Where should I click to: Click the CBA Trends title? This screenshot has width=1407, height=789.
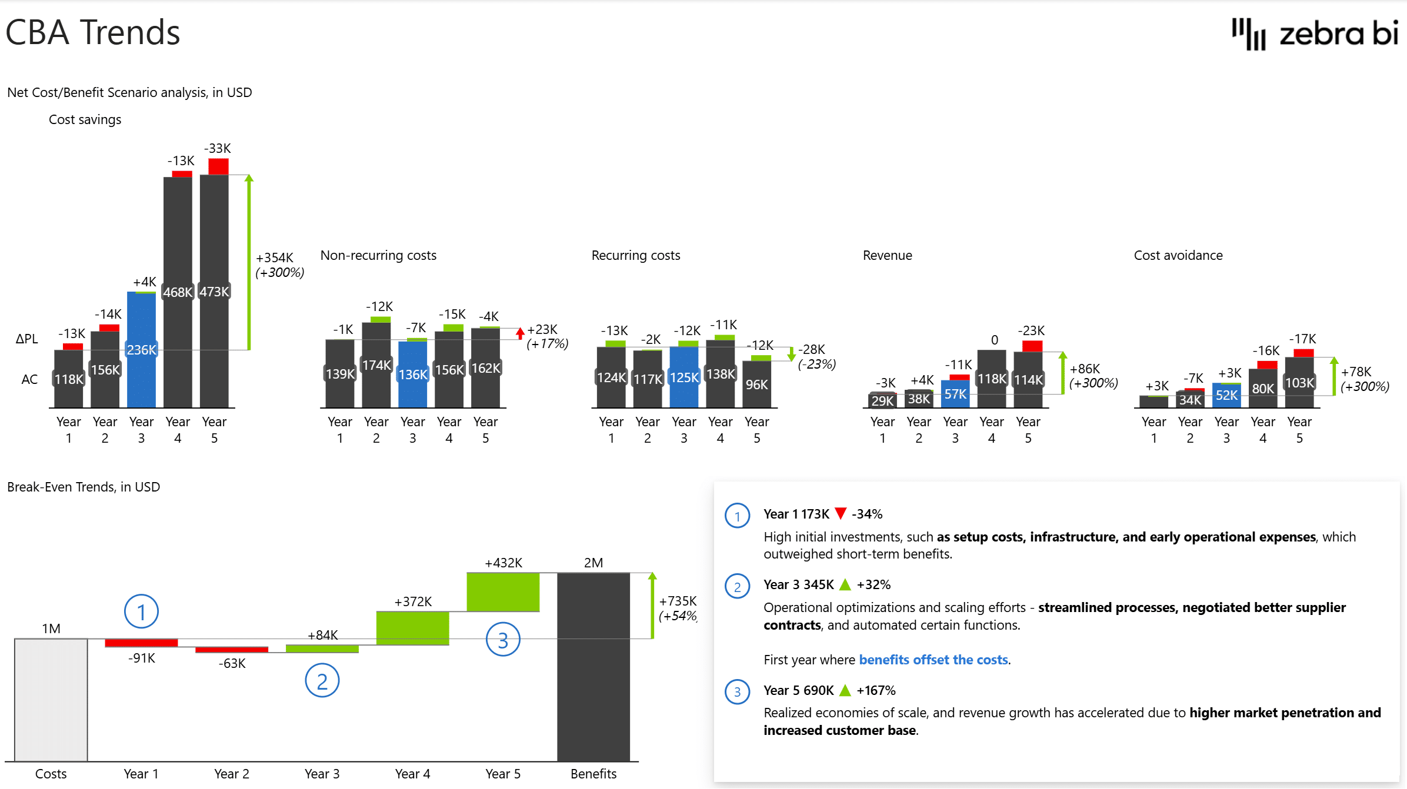[93, 32]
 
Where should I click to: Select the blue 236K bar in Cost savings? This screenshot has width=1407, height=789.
[141, 365]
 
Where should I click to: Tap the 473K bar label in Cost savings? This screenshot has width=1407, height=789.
[214, 292]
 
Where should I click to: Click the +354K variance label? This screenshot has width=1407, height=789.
[274, 258]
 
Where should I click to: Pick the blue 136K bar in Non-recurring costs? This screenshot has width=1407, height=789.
[413, 376]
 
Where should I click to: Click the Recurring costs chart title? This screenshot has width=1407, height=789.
[635, 255]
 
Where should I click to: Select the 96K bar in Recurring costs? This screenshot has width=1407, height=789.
[756, 385]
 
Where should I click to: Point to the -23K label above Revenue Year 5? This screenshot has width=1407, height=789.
[1032, 330]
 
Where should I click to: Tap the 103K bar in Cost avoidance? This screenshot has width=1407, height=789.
[1299, 383]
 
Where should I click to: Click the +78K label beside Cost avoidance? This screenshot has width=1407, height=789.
[1356, 372]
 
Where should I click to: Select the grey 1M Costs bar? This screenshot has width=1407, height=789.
[51, 700]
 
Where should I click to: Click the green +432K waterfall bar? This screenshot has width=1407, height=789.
[503, 592]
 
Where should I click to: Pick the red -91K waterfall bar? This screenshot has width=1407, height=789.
[141, 643]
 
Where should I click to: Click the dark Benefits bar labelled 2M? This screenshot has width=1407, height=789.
[593, 667]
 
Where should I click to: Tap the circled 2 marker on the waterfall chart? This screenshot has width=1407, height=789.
[322, 681]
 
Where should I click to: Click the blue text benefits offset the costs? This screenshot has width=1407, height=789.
[933, 660]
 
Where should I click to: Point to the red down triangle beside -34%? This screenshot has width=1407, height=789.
[841, 513]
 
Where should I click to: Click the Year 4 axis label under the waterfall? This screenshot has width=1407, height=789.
[412, 774]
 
